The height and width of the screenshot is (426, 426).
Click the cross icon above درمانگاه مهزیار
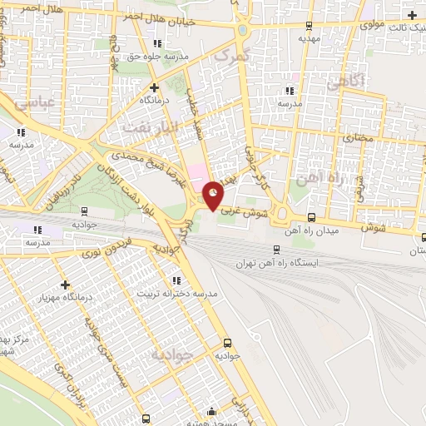64,284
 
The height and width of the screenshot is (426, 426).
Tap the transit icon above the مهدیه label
310,26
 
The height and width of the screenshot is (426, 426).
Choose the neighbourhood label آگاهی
342,82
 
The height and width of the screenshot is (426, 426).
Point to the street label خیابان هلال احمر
153,16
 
